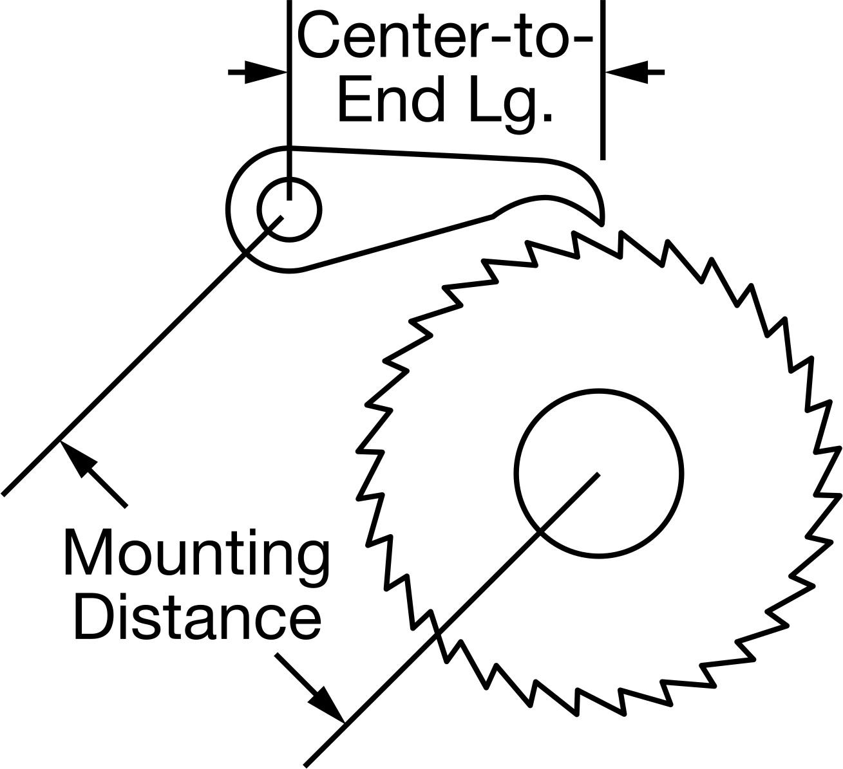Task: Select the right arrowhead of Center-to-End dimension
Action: (x=626, y=72)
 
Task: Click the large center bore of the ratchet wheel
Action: (x=598, y=474)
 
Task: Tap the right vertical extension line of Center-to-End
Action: (x=603, y=80)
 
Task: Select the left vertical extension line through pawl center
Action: (x=289, y=100)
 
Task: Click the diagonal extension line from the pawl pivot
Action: (x=142, y=355)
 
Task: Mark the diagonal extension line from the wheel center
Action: (x=451, y=620)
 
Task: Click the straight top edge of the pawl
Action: (x=416, y=153)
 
